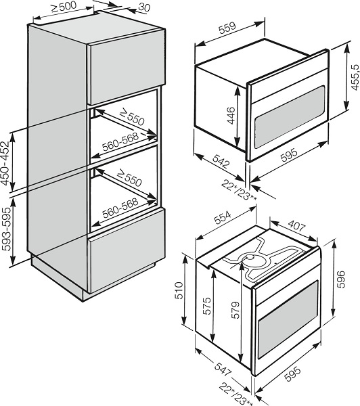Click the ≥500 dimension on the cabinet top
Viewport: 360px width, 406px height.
pos(64,7)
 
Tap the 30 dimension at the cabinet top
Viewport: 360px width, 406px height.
pos(144,7)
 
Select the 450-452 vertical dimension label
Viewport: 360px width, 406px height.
pos(5,163)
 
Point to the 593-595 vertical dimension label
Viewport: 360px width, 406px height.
pos(6,229)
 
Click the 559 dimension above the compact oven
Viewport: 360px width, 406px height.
pos(227,28)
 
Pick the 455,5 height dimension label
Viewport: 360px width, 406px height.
pos(355,77)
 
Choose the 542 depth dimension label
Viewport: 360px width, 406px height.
pos(221,161)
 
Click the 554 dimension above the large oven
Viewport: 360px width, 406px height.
pos(223,217)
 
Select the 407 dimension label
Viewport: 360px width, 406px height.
pos(297,225)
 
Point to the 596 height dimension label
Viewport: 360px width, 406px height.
pos(340,279)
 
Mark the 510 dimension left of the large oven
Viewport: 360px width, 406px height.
pos(179,290)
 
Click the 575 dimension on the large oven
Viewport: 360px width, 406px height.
pos(206,306)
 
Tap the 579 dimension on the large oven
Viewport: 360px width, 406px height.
pos(235,310)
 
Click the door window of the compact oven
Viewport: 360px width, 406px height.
pos(290,117)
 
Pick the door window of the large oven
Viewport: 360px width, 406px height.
pos(288,319)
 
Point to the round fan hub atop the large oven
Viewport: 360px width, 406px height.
pos(250,257)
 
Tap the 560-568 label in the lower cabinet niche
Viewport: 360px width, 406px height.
pos(120,208)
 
